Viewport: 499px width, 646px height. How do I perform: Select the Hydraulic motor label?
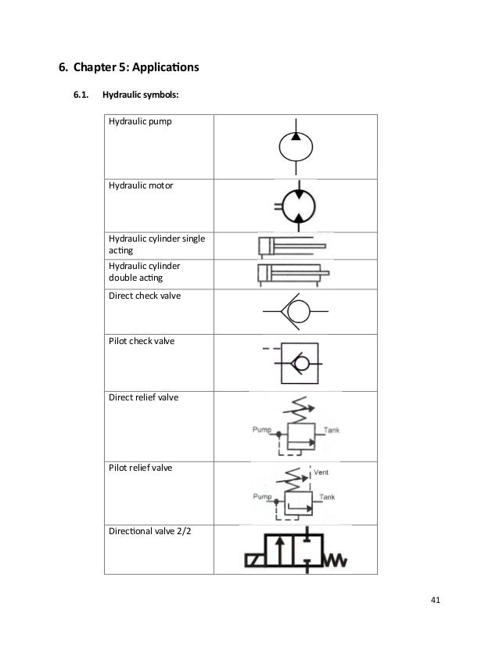point(141,186)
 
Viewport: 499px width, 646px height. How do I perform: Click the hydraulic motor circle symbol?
point(296,206)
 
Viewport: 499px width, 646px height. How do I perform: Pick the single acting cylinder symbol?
point(285,247)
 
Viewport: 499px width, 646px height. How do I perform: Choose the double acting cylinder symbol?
point(289,274)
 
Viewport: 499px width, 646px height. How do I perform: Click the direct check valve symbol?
point(295,311)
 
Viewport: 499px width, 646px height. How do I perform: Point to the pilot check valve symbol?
point(296,362)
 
